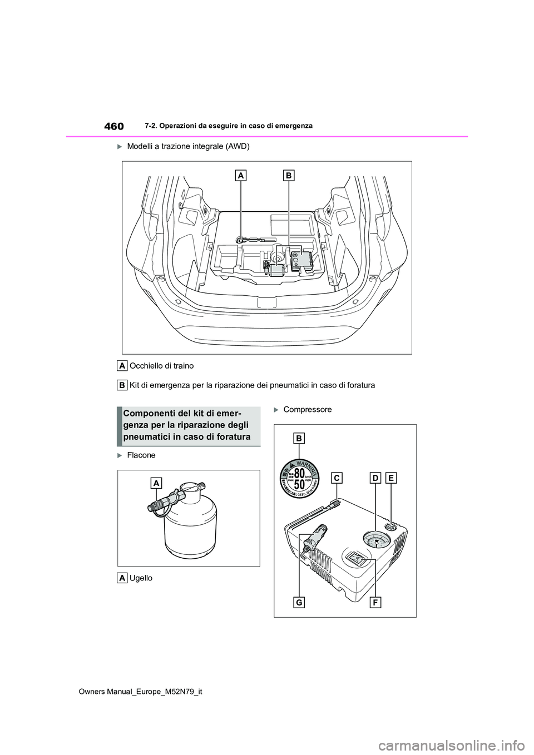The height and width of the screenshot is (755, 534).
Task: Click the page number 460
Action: (113, 126)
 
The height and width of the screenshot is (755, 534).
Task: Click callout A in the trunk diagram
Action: (241, 176)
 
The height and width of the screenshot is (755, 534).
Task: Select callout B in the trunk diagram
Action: (289, 176)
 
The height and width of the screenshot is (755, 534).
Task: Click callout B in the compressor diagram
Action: (300, 439)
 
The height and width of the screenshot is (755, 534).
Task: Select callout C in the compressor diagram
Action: (336, 478)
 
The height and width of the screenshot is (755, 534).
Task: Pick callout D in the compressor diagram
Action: (375, 478)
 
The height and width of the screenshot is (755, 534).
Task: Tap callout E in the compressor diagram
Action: (390, 478)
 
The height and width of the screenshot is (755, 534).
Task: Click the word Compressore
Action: (307, 410)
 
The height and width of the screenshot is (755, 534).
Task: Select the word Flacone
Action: (141, 455)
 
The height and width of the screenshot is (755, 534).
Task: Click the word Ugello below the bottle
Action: (141, 578)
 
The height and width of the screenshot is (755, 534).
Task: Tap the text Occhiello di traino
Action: (161, 366)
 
